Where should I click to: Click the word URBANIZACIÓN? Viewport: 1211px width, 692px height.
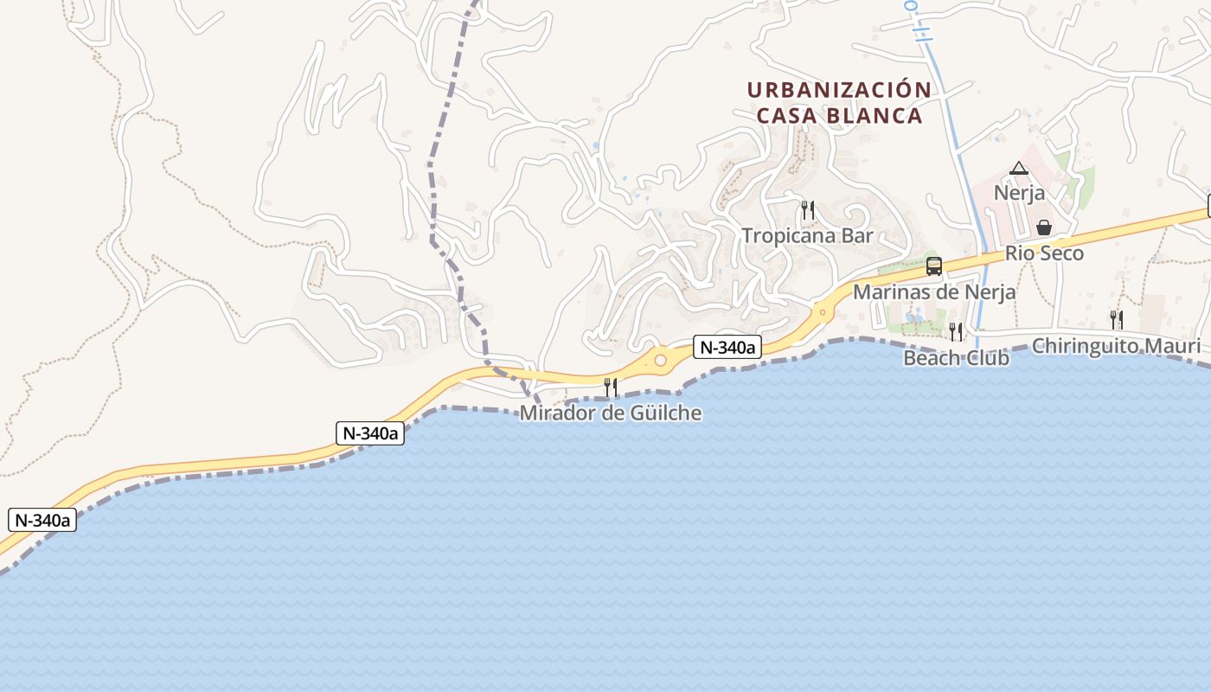point(839,90)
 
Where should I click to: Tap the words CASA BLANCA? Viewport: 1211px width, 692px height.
point(839,116)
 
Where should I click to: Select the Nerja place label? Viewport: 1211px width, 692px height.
point(1019,193)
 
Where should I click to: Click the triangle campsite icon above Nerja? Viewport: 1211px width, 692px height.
point(1019,168)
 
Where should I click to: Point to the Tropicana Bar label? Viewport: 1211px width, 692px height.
point(807,236)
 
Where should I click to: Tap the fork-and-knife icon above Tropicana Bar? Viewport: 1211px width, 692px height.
point(807,210)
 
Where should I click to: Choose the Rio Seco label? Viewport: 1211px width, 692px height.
point(1044,254)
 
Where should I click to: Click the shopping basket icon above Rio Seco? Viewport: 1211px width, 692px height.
point(1044,228)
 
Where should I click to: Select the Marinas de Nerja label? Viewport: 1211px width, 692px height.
point(934,292)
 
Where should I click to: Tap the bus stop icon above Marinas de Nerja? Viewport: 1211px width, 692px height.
point(934,266)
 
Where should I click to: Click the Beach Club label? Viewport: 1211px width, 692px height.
point(956,358)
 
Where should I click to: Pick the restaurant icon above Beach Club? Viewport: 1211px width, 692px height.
point(956,331)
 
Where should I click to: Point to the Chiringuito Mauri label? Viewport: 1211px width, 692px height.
point(1116,347)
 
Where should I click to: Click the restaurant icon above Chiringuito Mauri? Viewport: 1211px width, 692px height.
point(1116,320)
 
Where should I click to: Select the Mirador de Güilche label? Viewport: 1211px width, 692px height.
point(610,413)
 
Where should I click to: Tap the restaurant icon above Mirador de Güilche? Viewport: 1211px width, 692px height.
point(611,387)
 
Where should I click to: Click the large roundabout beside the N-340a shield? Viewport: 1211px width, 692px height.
point(661,360)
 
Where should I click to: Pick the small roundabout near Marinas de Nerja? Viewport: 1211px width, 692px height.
point(823,312)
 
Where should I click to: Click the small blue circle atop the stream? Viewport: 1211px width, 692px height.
point(910,5)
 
